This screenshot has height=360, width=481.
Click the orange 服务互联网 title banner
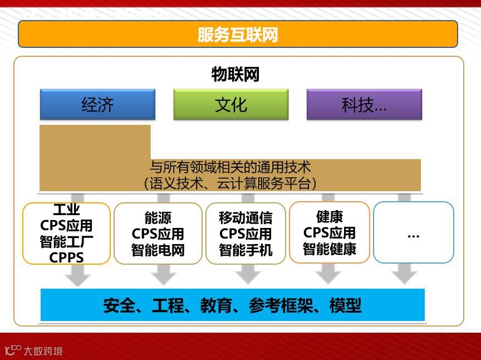[238, 35]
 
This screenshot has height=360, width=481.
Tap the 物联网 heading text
[235, 74]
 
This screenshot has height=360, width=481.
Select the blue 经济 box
[97, 105]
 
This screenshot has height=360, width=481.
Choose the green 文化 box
[230, 105]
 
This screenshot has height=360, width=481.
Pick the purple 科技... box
[364, 105]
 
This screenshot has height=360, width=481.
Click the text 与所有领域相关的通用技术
[230, 167]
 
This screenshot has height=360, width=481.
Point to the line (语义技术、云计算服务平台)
[230, 183]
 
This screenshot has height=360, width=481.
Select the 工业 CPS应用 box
[66, 233]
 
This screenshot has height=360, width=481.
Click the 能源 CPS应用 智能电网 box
[158, 233]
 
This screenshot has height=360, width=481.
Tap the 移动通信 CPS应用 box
[246, 233]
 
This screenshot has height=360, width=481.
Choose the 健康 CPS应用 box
[330, 232]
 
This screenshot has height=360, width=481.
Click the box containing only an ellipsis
[413, 232]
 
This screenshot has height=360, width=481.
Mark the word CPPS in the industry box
[66, 257]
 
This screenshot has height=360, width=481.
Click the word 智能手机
[246, 250]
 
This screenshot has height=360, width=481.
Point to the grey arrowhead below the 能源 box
[164, 275]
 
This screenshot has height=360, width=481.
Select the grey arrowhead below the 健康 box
[328, 274]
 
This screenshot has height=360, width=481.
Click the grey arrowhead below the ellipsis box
[405, 274]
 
